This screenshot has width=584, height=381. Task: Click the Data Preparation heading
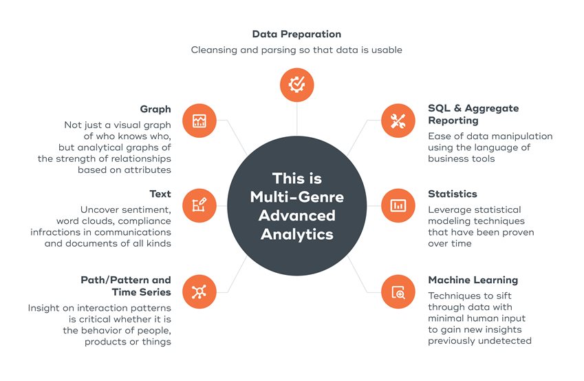296,34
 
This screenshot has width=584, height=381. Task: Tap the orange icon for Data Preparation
297,85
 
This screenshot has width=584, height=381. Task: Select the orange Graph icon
199,121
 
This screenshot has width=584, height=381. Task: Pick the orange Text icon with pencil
199,205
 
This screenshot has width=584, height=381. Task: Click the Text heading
160,194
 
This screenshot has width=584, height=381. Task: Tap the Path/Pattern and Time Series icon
199,292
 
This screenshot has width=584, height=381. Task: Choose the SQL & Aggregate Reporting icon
398,121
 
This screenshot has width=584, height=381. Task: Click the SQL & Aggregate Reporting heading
473,114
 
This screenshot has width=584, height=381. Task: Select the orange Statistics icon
398,205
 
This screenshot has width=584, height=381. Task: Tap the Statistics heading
452,194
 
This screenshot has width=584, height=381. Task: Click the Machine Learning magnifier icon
398,292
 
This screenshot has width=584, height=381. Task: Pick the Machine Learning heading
473,280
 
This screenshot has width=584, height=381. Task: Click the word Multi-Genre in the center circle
297,198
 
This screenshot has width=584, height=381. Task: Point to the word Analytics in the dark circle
297,234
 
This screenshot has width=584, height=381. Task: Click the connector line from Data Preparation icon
297,117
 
